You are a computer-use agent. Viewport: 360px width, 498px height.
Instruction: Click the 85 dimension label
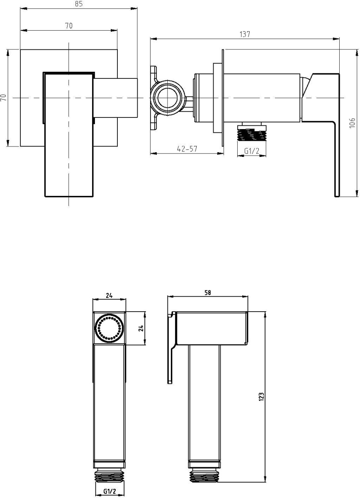click(78, 4)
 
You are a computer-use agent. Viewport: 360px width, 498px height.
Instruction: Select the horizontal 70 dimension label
click(69, 26)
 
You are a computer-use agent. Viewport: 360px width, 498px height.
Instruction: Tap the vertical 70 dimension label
click(4, 98)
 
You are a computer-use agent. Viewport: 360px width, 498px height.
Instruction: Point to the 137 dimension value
click(245, 34)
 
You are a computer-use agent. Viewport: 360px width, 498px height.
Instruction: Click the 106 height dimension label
click(352, 123)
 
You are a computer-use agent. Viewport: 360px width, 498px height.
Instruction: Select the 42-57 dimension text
click(187, 149)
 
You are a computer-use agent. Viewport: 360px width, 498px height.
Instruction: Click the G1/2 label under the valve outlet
click(252, 151)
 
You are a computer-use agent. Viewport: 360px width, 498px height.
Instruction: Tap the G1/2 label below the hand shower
click(109, 491)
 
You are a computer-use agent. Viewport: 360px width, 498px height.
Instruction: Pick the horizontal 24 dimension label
click(109, 295)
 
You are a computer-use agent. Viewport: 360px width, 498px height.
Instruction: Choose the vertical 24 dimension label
click(141, 328)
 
